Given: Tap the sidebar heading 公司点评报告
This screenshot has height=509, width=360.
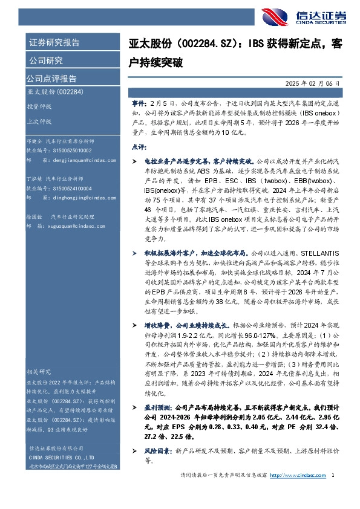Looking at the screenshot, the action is coord(51,79).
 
